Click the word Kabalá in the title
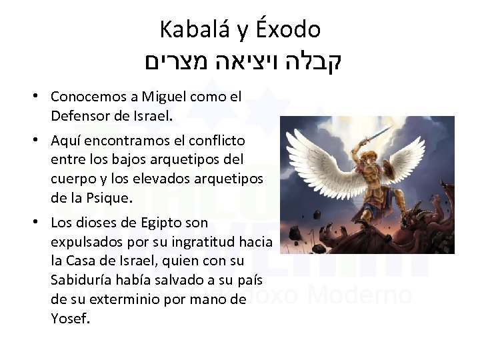(191, 30)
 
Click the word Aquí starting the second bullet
(65, 141)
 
